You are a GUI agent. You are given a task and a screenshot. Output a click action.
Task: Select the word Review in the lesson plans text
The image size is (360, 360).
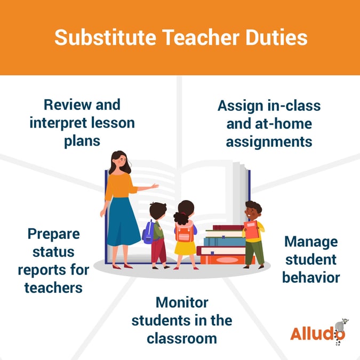pos(65,105)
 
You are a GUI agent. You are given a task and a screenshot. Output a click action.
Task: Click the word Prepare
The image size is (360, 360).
pos(53,233)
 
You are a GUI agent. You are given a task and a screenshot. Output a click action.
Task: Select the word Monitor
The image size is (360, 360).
pos(182,302)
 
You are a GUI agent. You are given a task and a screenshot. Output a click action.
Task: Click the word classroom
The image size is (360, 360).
pos(182,338)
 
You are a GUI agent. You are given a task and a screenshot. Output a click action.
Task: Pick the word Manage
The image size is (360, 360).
pos(311,242)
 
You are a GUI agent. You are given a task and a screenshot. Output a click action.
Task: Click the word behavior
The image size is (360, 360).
pos(311,278)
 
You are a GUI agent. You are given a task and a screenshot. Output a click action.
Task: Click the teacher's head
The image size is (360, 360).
pos(118,161)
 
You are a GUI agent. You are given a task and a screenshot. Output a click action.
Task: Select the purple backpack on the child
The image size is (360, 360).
pos(148,232)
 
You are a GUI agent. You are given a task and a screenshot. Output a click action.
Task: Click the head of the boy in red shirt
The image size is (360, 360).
pos(253,209)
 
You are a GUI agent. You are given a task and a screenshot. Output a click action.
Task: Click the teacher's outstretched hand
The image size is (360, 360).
pos(155,186)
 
